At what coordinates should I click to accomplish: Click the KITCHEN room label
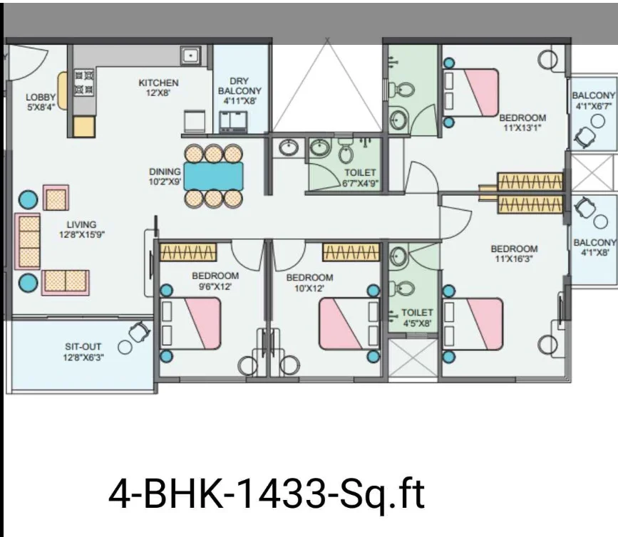coord(158,83)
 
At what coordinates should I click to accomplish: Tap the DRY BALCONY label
coord(240,86)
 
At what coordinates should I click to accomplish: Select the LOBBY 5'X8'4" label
coord(41,102)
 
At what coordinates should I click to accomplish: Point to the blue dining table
coord(213,176)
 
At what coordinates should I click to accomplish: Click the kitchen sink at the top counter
coord(191,55)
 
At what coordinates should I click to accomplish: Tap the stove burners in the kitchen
coord(84,83)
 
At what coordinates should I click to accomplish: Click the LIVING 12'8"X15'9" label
coord(81,229)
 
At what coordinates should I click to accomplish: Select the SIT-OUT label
coord(83,347)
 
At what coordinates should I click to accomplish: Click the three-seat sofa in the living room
coord(28,241)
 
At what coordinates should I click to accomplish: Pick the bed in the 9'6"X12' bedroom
coord(190,323)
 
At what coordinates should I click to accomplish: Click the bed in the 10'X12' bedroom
coord(349,323)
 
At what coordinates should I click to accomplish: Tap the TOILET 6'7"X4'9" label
coord(360,177)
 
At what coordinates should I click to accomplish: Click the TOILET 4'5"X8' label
coord(416,318)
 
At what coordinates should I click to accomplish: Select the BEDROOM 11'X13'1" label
coord(522,122)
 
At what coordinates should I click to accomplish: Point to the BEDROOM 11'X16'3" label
coord(514,254)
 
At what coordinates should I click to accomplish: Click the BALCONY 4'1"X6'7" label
coord(594,100)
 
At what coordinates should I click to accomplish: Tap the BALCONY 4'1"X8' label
coord(594,247)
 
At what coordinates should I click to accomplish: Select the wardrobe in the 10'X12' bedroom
coord(351,252)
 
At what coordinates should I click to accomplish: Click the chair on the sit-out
coord(139,332)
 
